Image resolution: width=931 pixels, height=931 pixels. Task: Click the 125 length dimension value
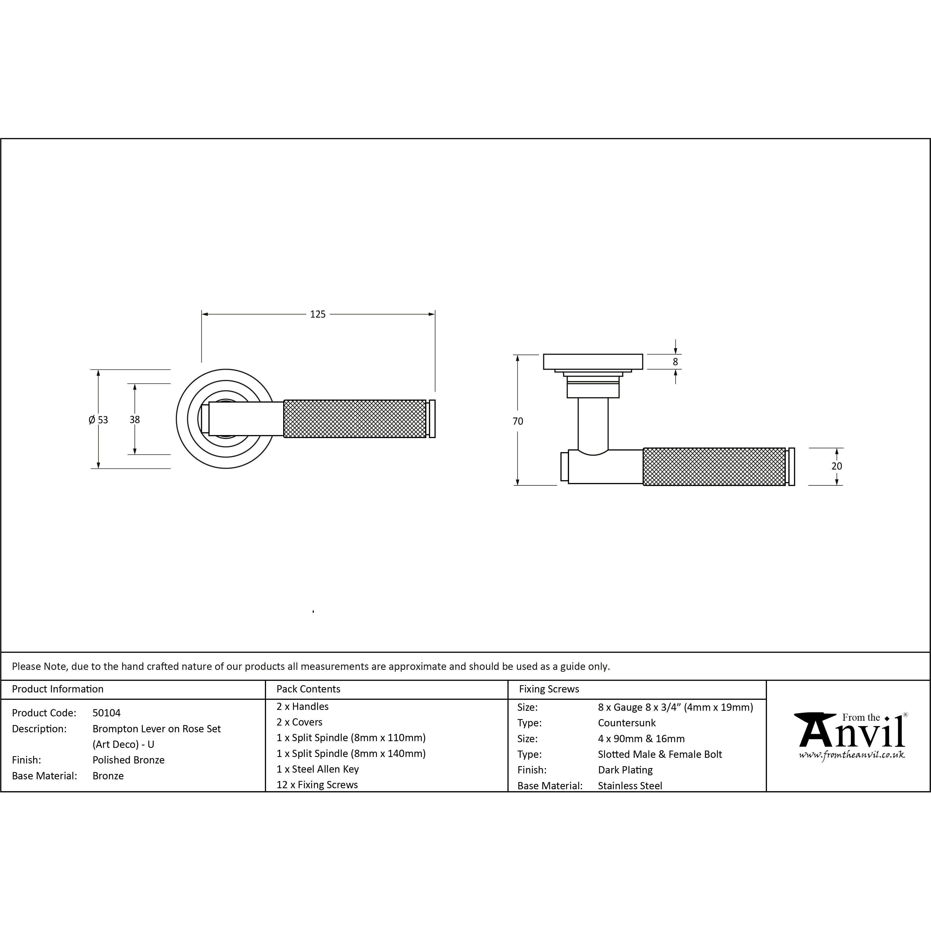pyautogui.click(x=318, y=314)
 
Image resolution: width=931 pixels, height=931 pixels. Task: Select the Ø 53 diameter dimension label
pyautogui.click(x=98, y=420)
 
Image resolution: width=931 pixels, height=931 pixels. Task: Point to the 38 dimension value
pyautogui.click(x=134, y=420)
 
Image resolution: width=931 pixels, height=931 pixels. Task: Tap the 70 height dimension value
pyautogui.click(x=518, y=421)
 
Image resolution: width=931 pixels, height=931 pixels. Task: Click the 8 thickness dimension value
pyautogui.click(x=675, y=361)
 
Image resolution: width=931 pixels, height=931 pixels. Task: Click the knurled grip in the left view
pyautogui.click(x=355, y=419)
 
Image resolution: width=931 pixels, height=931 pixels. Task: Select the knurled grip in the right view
pyautogui.click(x=715, y=467)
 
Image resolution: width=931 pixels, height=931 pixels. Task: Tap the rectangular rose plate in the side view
pyautogui.click(x=593, y=362)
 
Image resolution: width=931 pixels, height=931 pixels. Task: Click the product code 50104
pyautogui.click(x=106, y=713)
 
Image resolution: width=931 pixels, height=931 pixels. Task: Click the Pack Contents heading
pyautogui.click(x=308, y=689)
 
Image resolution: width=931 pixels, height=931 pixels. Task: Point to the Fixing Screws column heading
pyautogui.click(x=549, y=689)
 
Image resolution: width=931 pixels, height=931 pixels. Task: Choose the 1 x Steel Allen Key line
pyautogui.click(x=318, y=769)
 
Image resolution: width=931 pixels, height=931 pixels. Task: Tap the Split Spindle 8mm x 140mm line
pyautogui.click(x=351, y=753)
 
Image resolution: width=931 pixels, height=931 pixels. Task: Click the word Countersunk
pyautogui.click(x=627, y=723)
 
